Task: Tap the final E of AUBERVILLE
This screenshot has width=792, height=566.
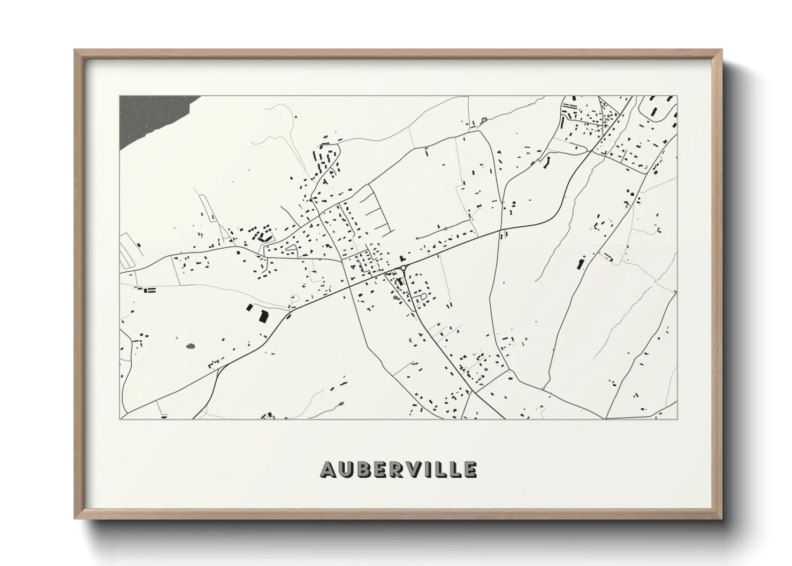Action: [x=469, y=469]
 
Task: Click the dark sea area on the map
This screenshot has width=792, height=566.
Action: [x=144, y=118]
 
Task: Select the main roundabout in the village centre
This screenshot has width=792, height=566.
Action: [x=402, y=268]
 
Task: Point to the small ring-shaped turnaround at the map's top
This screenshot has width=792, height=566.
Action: [x=484, y=120]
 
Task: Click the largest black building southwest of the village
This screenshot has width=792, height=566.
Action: [x=263, y=316]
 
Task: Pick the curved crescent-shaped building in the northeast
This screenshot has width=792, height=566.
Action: [x=546, y=160]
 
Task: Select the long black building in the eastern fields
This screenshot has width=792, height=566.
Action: [x=580, y=263]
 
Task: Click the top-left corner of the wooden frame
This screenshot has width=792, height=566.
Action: [x=75, y=50]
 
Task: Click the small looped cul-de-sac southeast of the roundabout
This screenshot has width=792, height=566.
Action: [x=424, y=295]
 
